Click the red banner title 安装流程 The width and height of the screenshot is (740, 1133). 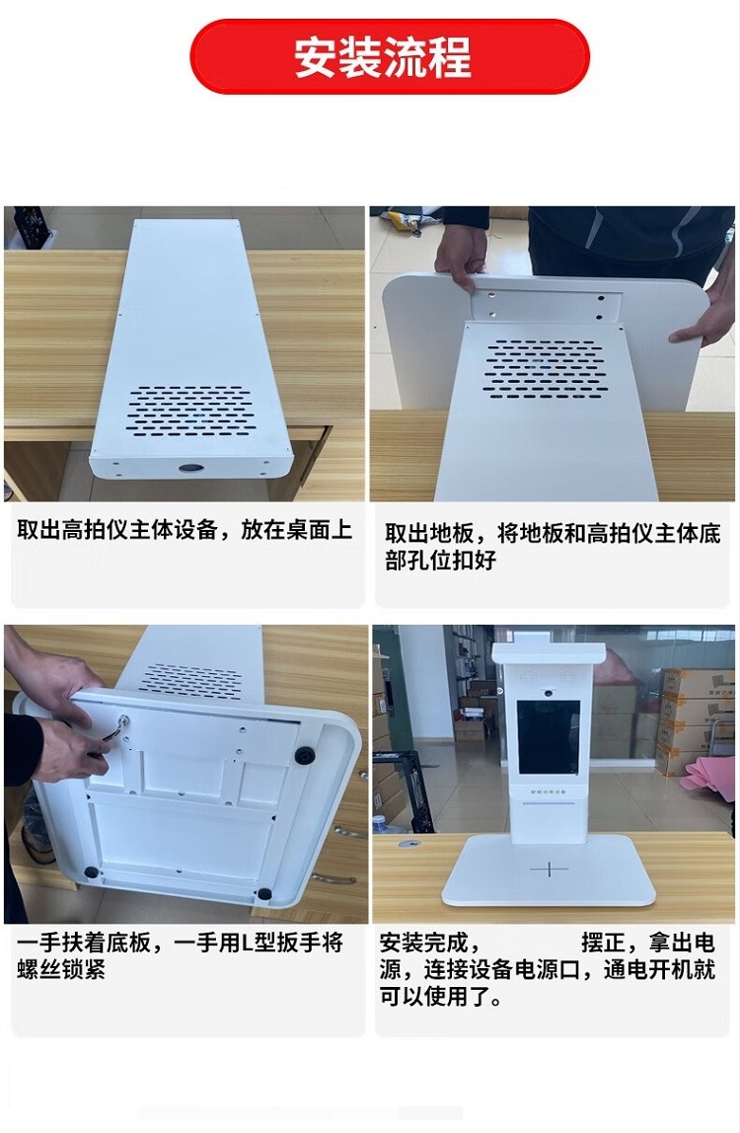(x=383, y=57)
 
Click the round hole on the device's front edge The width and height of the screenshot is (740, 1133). (x=190, y=468)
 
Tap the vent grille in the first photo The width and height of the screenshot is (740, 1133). (x=189, y=410)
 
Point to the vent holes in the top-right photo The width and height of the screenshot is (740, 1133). (x=545, y=368)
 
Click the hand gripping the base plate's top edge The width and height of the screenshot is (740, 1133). (x=461, y=257)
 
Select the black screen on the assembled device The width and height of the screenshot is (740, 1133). (x=549, y=736)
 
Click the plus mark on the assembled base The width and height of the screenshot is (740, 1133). (x=549, y=868)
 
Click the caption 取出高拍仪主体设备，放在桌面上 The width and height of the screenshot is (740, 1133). (x=185, y=530)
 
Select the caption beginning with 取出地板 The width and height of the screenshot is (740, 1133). (x=553, y=547)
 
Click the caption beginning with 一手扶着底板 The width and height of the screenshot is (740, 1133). (x=180, y=956)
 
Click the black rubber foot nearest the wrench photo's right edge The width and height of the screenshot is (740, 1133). (x=304, y=756)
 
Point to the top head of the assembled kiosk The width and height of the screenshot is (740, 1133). (x=549, y=653)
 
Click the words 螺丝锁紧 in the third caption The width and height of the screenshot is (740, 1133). (x=61, y=970)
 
